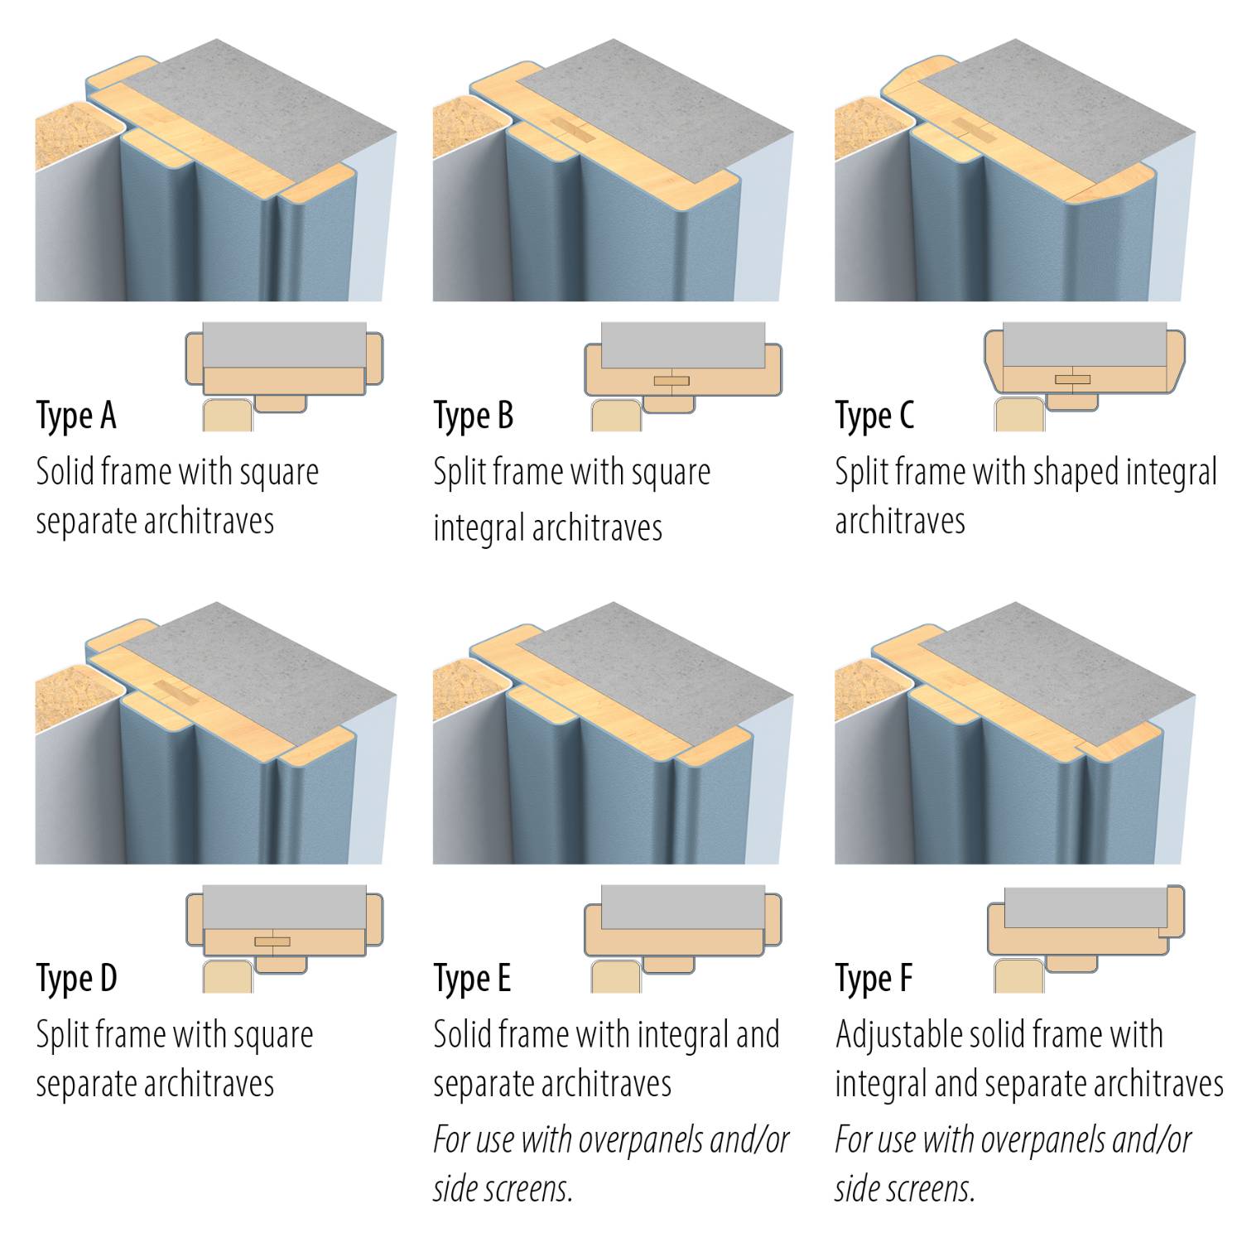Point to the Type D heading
point(76,979)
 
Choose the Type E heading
point(472,979)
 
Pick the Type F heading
point(874,979)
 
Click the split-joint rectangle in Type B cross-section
point(671,381)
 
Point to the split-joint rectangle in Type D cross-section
point(272,941)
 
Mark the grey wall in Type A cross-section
point(284,344)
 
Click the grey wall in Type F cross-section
point(1085,907)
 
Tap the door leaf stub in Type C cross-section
point(1019,416)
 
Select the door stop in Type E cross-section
point(668,965)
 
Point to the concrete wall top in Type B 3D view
point(654,116)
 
